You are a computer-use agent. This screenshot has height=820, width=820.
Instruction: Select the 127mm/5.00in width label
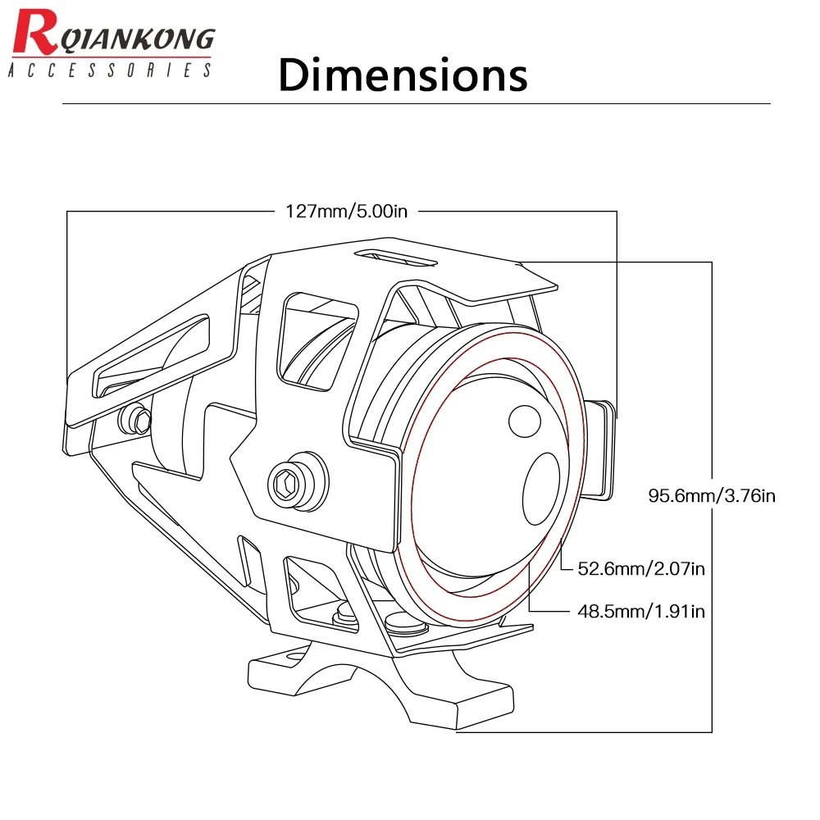346,211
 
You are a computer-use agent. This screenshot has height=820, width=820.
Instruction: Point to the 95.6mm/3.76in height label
712,495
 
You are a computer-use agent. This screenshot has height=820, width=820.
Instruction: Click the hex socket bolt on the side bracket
290,483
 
